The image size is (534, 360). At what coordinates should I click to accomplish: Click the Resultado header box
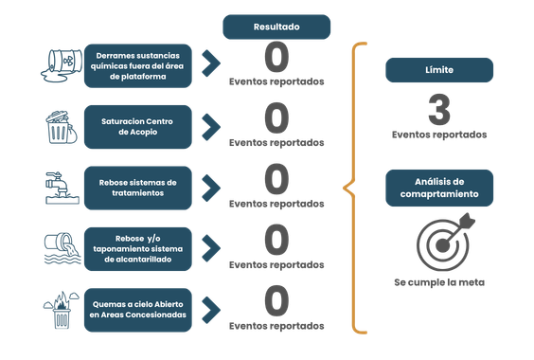tap(276, 27)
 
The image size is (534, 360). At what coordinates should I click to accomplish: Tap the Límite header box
tap(439, 70)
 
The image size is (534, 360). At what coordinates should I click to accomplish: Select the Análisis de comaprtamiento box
tap(439, 188)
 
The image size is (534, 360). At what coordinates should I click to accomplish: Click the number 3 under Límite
tap(439, 110)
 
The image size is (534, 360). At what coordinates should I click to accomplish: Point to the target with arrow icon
tap(445, 242)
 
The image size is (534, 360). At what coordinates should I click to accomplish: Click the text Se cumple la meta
tap(439, 282)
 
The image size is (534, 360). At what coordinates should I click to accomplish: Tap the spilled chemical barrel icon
tap(62, 65)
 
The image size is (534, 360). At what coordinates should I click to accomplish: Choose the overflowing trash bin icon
tap(62, 127)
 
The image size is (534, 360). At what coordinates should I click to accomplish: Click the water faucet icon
tap(62, 188)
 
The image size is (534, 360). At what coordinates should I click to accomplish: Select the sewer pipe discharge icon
tap(62, 248)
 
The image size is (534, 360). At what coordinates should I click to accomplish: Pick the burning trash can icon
tap(62, 310)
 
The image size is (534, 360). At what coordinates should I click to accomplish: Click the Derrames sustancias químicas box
tap(138, 65)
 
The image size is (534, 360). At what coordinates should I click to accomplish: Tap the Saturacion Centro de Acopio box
tap(138, 127)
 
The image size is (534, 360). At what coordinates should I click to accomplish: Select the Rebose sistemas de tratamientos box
tap(138, 188)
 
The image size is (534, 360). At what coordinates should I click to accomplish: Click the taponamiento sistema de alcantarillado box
tap(138, 249)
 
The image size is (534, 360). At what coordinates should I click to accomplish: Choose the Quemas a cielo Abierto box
tap(138, 310)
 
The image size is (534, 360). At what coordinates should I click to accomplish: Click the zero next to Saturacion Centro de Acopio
tap(276, 118)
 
